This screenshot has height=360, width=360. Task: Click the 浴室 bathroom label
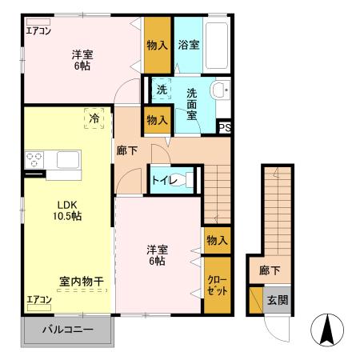tap(190, 45)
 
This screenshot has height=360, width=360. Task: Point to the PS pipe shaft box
tap(225, 126)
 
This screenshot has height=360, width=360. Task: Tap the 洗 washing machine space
tap(161, 90)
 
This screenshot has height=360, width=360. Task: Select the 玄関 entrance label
tap(278, 302)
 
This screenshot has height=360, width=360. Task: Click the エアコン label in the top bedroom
tap(38, 31)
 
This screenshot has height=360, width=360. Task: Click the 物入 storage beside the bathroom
tap(157, 45)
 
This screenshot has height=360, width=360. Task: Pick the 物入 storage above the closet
tap(216, 240)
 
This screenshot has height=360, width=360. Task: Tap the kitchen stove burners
tap(34, 160)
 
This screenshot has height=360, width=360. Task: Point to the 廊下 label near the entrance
tap(269, 270)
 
